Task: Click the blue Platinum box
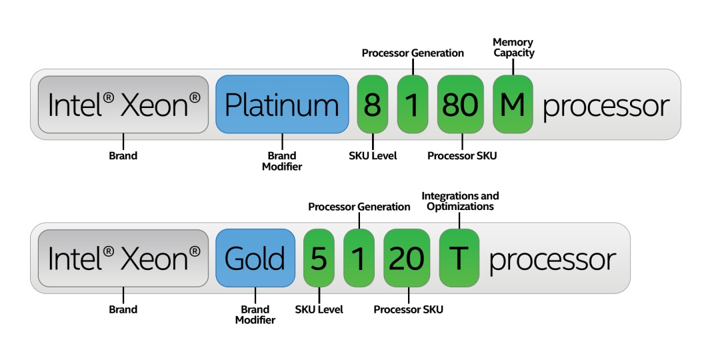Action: coord(281,104)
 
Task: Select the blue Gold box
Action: coord(255,258)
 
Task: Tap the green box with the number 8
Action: coord(373,104)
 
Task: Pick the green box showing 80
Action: coord(460,104)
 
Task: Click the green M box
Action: coord(513,104)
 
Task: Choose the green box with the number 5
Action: coord(319,258)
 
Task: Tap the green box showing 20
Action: coord(407,258)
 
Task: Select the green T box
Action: coord(459,258)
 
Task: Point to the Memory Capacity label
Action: coord(513,47)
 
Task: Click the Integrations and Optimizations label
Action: coord(460,201)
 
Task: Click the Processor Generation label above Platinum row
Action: coord(413,53)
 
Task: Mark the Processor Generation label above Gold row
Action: coord(359,207)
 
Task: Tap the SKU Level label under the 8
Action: coord(373,155)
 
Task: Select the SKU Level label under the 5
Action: coord(319,309)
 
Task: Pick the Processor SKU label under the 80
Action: coord(462,155)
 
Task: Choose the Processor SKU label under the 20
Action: coord(408,309)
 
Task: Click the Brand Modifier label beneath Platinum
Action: coord(282,161)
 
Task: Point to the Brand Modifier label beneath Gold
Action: coord(255,315)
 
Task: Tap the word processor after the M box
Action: coord(606,105)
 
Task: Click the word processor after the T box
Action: coord(553,259)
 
